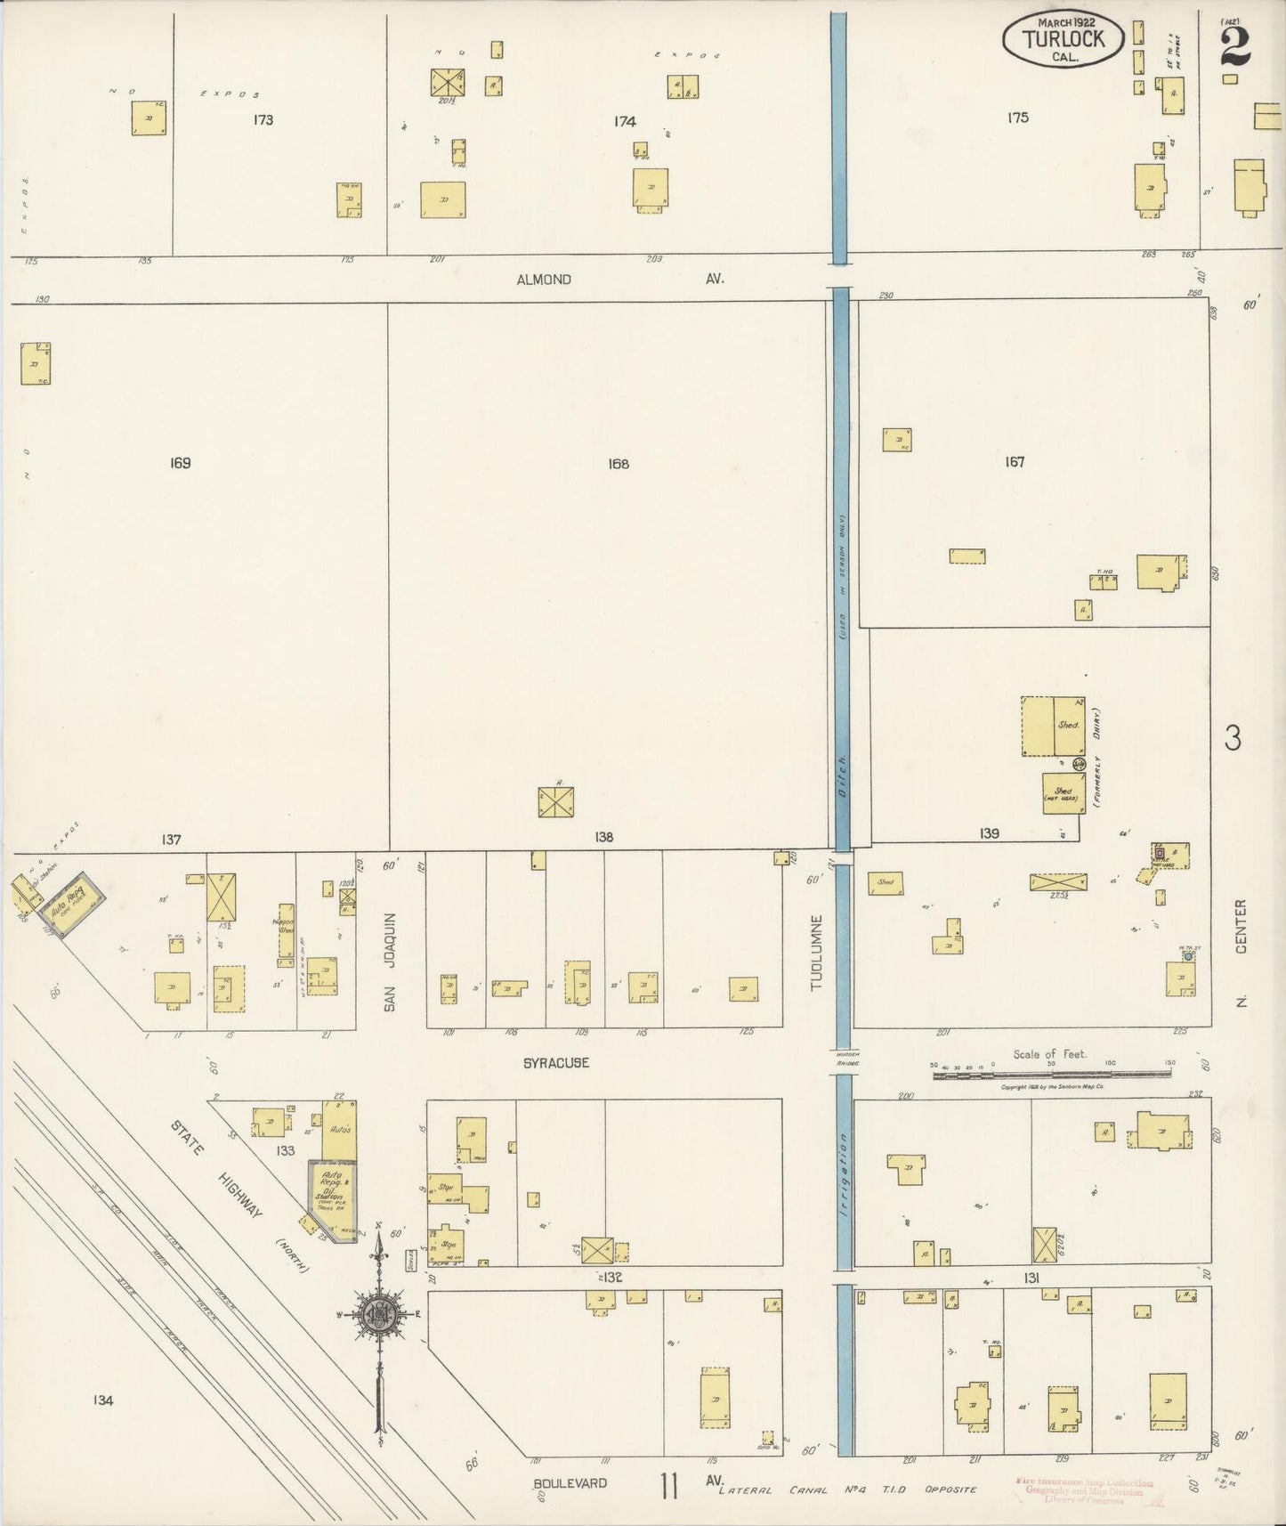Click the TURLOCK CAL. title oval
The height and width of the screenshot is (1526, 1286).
point(1063,40)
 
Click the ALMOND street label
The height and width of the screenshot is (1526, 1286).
point(544,280)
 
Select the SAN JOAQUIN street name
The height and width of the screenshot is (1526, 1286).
point(389,962)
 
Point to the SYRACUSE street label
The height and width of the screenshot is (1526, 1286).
point(555,1063)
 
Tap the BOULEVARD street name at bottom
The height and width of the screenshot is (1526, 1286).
point(570,1483)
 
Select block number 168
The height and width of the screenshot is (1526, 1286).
point(619,464)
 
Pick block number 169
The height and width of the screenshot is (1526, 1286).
point(180,463)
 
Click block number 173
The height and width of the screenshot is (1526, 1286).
point(263,119)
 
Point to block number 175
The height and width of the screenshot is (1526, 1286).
point(1018,118)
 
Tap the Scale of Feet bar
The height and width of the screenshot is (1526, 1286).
point(1052,1075)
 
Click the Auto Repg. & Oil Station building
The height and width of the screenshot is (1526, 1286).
point(328,1193)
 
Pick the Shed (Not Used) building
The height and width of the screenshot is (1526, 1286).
point(1063,793)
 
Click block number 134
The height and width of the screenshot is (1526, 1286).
point(102,1400)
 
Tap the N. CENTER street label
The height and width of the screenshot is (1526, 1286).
point(1242,951)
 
